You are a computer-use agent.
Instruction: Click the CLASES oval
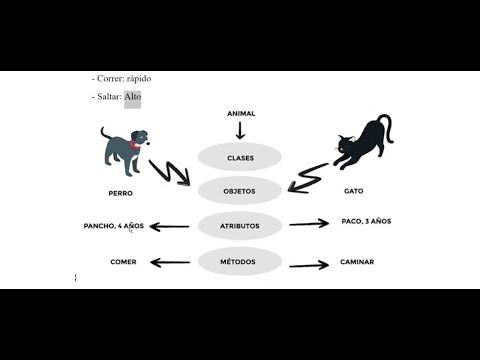click(x=240, y=157)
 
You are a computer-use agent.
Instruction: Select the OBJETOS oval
click(x=240, y=190)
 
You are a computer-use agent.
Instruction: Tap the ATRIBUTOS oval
click(x=240, y=226)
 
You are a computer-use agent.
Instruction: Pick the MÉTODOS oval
click(x=240, y=262)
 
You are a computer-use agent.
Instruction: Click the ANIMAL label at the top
click(x=241, y=114)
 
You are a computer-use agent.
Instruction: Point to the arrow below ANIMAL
click(x=240, y=130)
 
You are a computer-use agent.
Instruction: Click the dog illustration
click(x=123, y=147)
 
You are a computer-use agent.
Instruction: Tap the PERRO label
click(x=120, y=192)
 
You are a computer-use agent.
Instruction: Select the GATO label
click(x=353, y=190)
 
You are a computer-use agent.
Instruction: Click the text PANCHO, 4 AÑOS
click(x=114, y=226)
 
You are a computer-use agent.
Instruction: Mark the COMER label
click(x=123, y=262)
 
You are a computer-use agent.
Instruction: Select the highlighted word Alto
click(x=133, y=97)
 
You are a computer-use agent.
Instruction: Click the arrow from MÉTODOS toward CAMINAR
click(x=309, y=265)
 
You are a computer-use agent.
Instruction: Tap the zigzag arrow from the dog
click(x=170, y=171)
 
